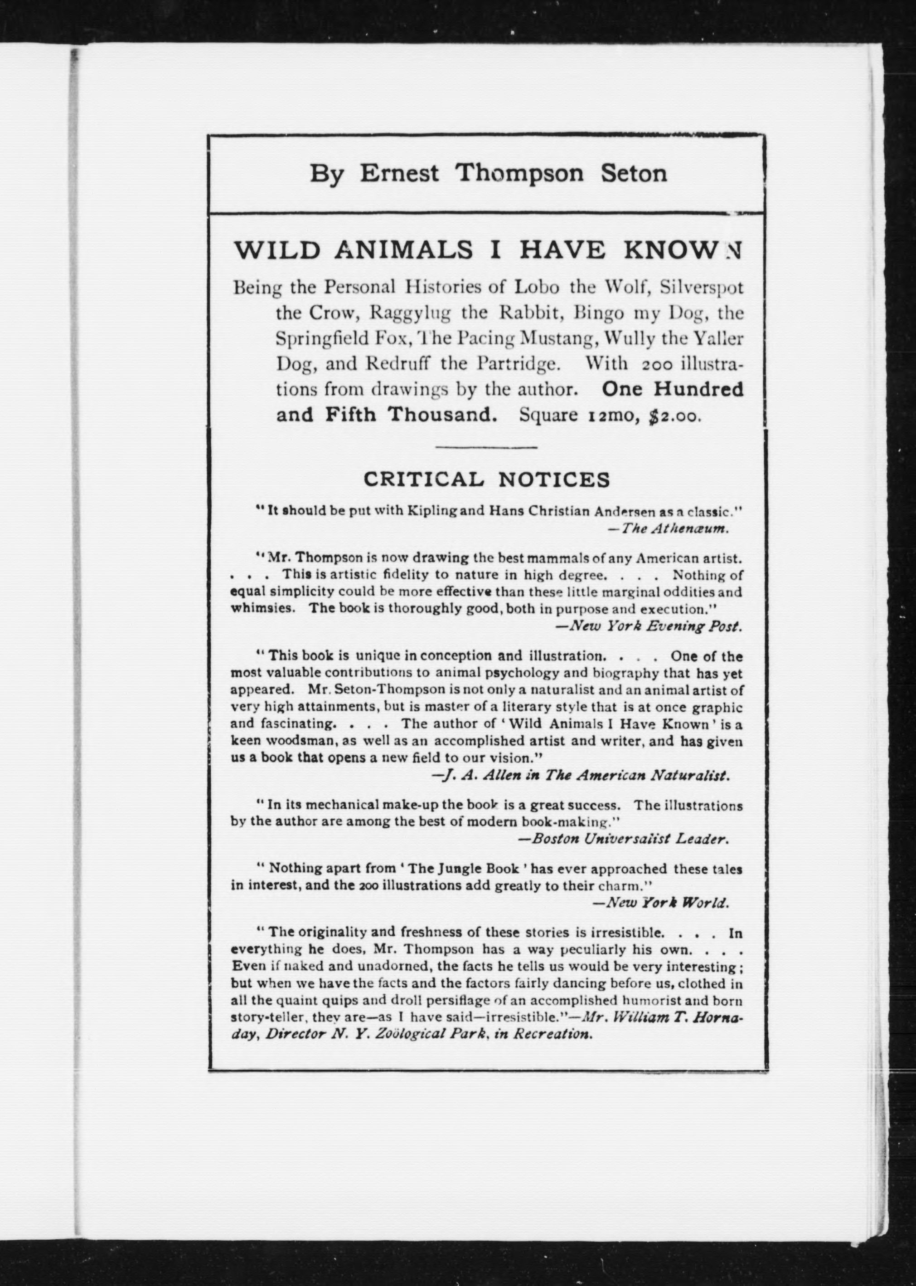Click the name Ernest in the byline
(399, 173)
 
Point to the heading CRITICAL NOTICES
(486, 479)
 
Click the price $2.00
(676, 416)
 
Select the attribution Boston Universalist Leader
(623, 839)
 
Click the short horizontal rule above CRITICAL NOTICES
(486, 448)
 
